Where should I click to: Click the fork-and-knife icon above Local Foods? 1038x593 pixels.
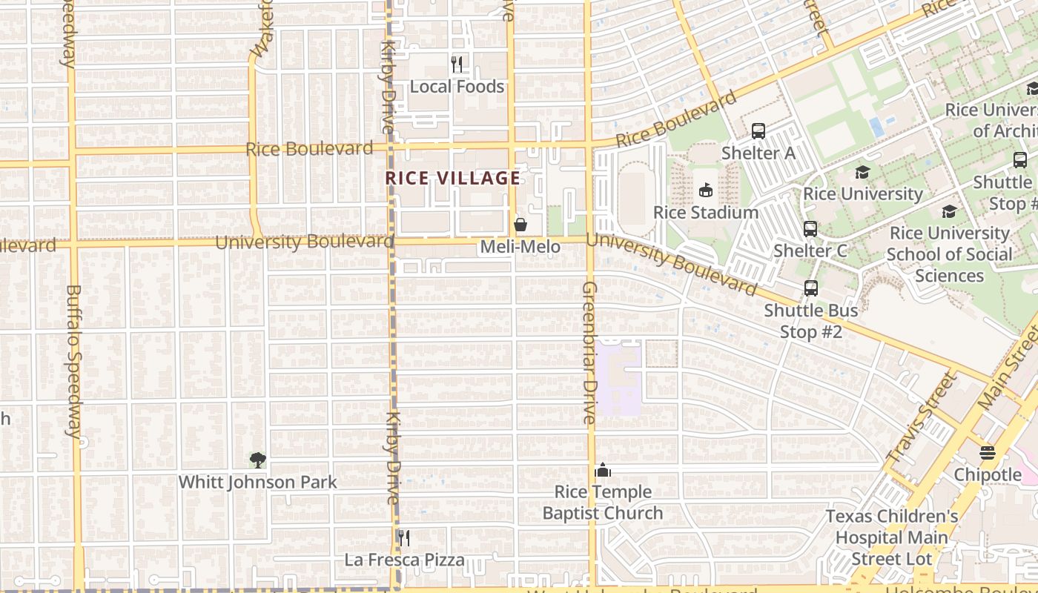(x=457, y=64)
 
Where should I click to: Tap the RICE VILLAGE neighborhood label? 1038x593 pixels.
(x=453, y=178)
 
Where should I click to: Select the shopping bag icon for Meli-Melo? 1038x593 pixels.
(x=520, y=225)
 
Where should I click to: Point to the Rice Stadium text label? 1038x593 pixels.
(x=705, y=212)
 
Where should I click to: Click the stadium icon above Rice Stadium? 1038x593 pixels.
(x=705, y=191)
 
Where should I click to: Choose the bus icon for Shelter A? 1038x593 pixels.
(x=758, y=131)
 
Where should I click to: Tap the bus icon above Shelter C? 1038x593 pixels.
(x=810, y=229)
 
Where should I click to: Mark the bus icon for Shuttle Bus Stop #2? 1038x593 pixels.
(x=810, y=288)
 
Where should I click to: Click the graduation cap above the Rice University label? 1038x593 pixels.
(x=862, y=173)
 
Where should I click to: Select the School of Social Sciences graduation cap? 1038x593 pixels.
(x=949, y=212)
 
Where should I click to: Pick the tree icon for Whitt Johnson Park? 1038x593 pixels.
(x=257, y=460)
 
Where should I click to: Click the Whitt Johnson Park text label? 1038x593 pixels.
(x=257, y=482)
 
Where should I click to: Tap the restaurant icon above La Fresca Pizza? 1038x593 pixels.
(x=403, y=537)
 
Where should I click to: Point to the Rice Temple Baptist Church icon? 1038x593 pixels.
(x=602, y=471)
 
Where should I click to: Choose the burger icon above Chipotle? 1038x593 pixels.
(x=987, y=453)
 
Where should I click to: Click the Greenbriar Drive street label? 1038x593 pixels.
(x=589, y=353)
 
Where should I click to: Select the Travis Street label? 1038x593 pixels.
(x=922, y=418)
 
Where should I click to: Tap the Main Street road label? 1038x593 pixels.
(x=1009, y=368)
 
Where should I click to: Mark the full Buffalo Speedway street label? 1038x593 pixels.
(x=74, y=361)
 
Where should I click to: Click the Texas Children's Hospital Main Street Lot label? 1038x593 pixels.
(x=891, y=537)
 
